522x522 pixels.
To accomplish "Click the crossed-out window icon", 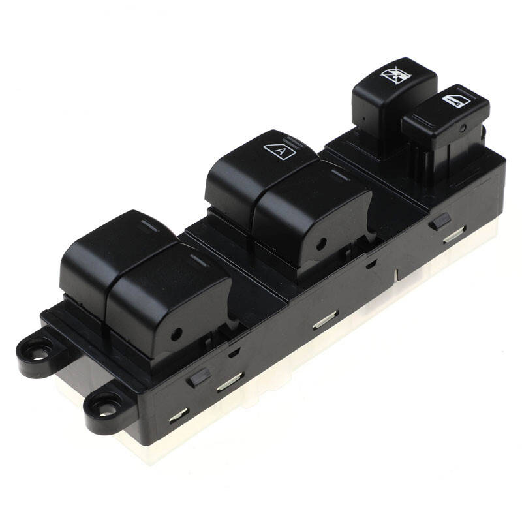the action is click(396, 74).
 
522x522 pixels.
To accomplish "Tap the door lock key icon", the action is click(456, 100).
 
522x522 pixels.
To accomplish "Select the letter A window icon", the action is click(280, 151).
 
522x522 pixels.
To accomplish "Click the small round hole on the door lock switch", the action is click(463, 128).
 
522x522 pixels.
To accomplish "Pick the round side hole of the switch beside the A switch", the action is click(321, 244).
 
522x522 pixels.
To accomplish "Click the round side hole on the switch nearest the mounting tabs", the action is click(176, 334).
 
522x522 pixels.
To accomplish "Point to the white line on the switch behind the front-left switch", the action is click(150, 225).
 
